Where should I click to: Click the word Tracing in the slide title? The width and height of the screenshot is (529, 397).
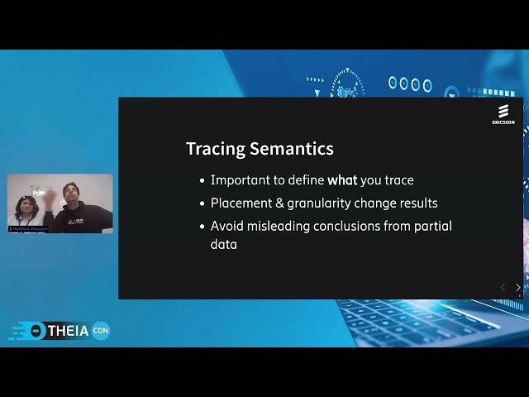tap(215, 149)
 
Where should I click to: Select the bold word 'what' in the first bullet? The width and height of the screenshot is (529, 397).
tap(344, 180)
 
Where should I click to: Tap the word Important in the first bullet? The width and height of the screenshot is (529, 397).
tap(239, 180)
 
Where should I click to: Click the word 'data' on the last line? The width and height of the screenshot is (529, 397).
tap(223, 245)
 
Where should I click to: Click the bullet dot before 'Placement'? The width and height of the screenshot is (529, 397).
tap(203, 203)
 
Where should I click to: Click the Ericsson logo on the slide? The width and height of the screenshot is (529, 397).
tap(503, 114)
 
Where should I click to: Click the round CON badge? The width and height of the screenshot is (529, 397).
tap(101, 331)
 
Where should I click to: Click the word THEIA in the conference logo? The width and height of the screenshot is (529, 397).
tap(69, 331)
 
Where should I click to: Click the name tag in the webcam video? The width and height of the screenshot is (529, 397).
tap(28, 228)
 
